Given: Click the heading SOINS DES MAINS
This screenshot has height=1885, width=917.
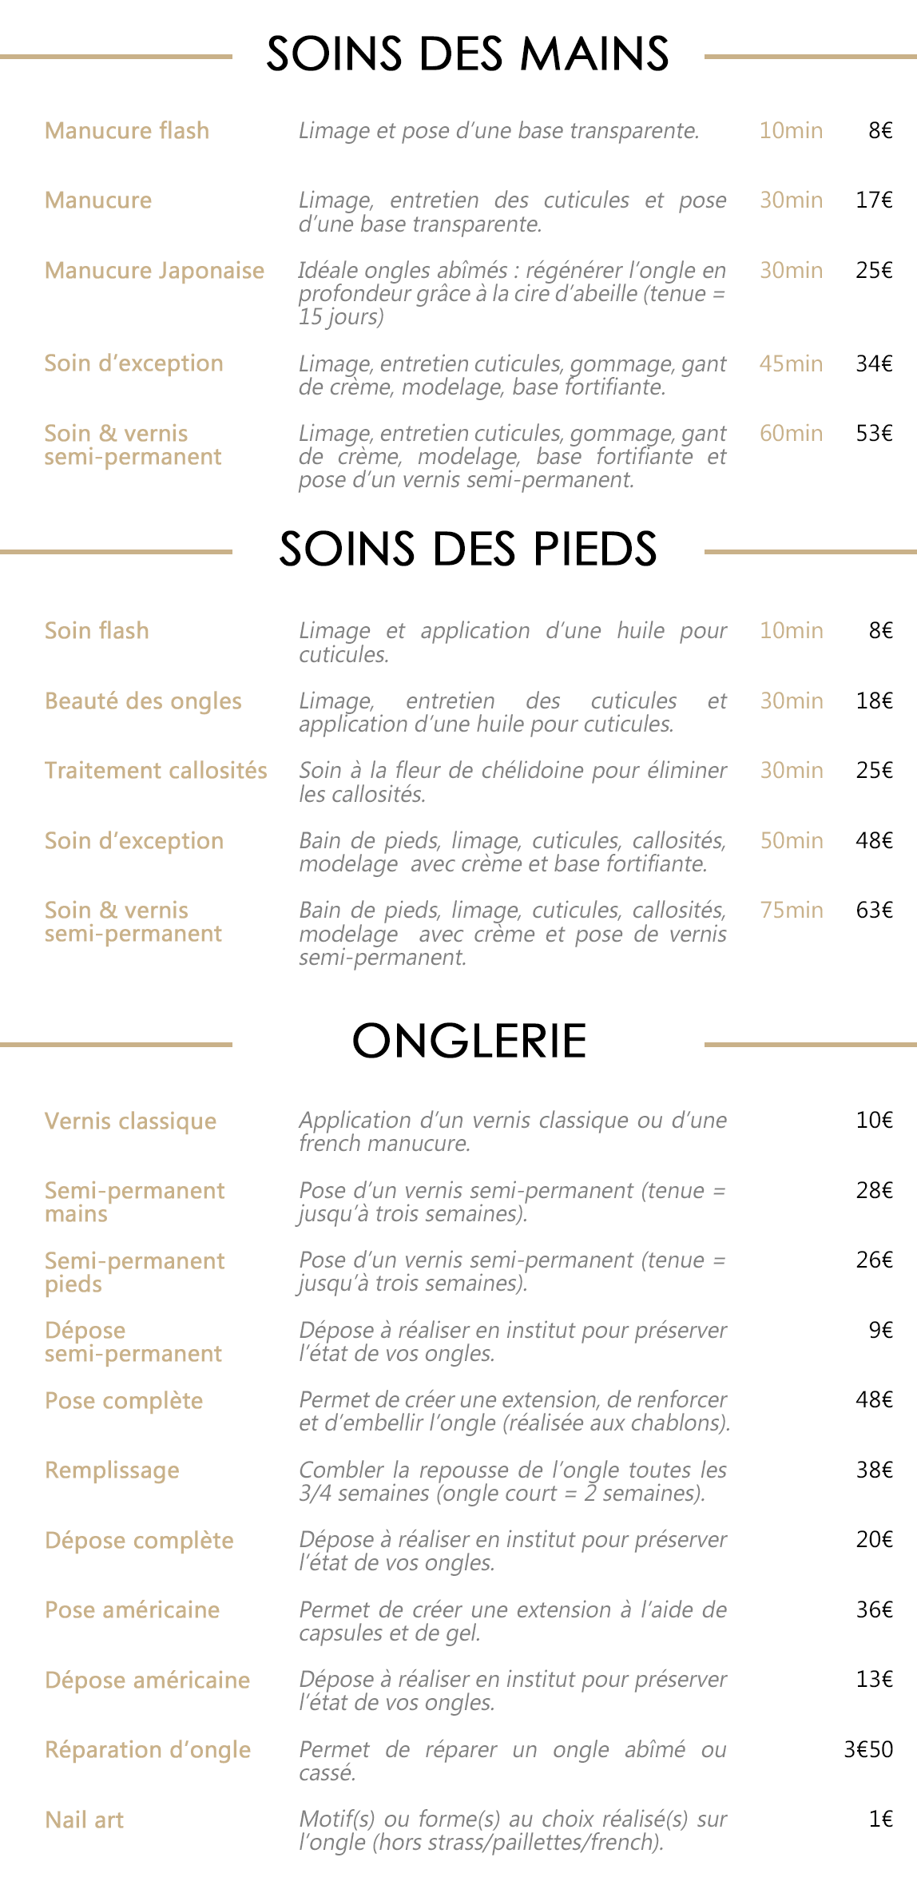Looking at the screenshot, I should [x=467, y=54].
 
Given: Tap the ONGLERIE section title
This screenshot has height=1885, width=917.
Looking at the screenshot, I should [x=469, y=1042].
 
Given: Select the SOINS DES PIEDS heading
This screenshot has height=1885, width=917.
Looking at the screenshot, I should [x=467, y=549].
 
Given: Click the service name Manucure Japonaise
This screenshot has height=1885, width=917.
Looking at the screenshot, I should [x=154, y=271].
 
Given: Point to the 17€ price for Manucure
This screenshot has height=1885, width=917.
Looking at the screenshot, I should [x=874, y=200].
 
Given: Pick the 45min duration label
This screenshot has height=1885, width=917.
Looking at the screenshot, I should [x=791, y=363].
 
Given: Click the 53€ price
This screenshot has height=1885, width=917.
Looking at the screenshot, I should [x=874, y=433].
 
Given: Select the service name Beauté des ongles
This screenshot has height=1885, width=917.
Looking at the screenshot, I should [x=143, y=700].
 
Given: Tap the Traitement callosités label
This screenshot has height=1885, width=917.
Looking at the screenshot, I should [x=156, y=770].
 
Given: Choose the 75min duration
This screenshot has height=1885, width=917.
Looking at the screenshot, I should [x=791, y=910].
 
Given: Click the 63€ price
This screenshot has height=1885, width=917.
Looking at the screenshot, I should [x=874, y=910].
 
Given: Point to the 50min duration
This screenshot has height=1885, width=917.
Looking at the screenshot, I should [x=791, y=840].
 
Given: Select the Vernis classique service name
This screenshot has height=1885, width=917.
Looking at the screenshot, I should [x=130, y=1121].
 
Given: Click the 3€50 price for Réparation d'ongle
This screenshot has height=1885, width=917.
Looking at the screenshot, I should [x=867, y=1749].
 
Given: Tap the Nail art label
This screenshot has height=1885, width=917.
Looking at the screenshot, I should [x=84, y=1820].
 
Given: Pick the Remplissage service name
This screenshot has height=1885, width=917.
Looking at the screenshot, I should [x=112, y=1470].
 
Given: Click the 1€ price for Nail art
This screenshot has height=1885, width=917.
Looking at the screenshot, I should [x=880, y=1819].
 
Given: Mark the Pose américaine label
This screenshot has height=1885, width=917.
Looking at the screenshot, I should [x=132, y=1609].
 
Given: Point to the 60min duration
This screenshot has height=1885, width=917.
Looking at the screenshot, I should [x=791, y=433].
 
